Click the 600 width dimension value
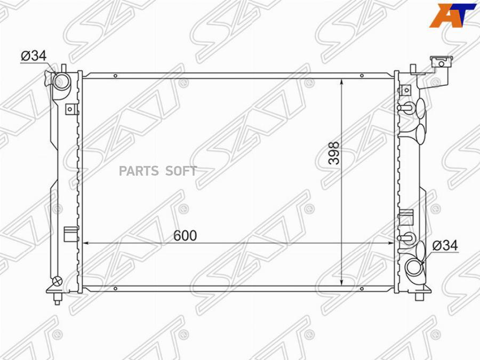tap(185, 236)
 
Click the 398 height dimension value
tap(334, 153)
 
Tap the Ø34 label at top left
tap(34, 55)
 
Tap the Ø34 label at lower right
tap(445, 245)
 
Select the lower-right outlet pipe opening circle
tap(413, 268)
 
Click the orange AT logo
tap(453, 15)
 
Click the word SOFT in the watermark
tap(181, 171)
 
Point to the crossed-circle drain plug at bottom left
tap(58, 281)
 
